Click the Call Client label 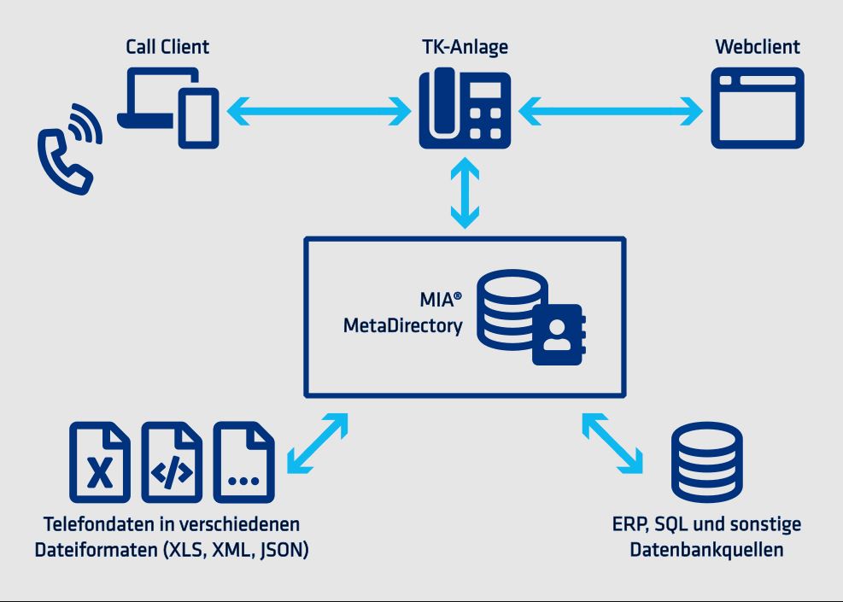coord(167,47)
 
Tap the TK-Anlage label coord(465,47)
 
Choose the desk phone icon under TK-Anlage coord(465,108)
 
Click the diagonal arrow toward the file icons coord(319,442)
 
